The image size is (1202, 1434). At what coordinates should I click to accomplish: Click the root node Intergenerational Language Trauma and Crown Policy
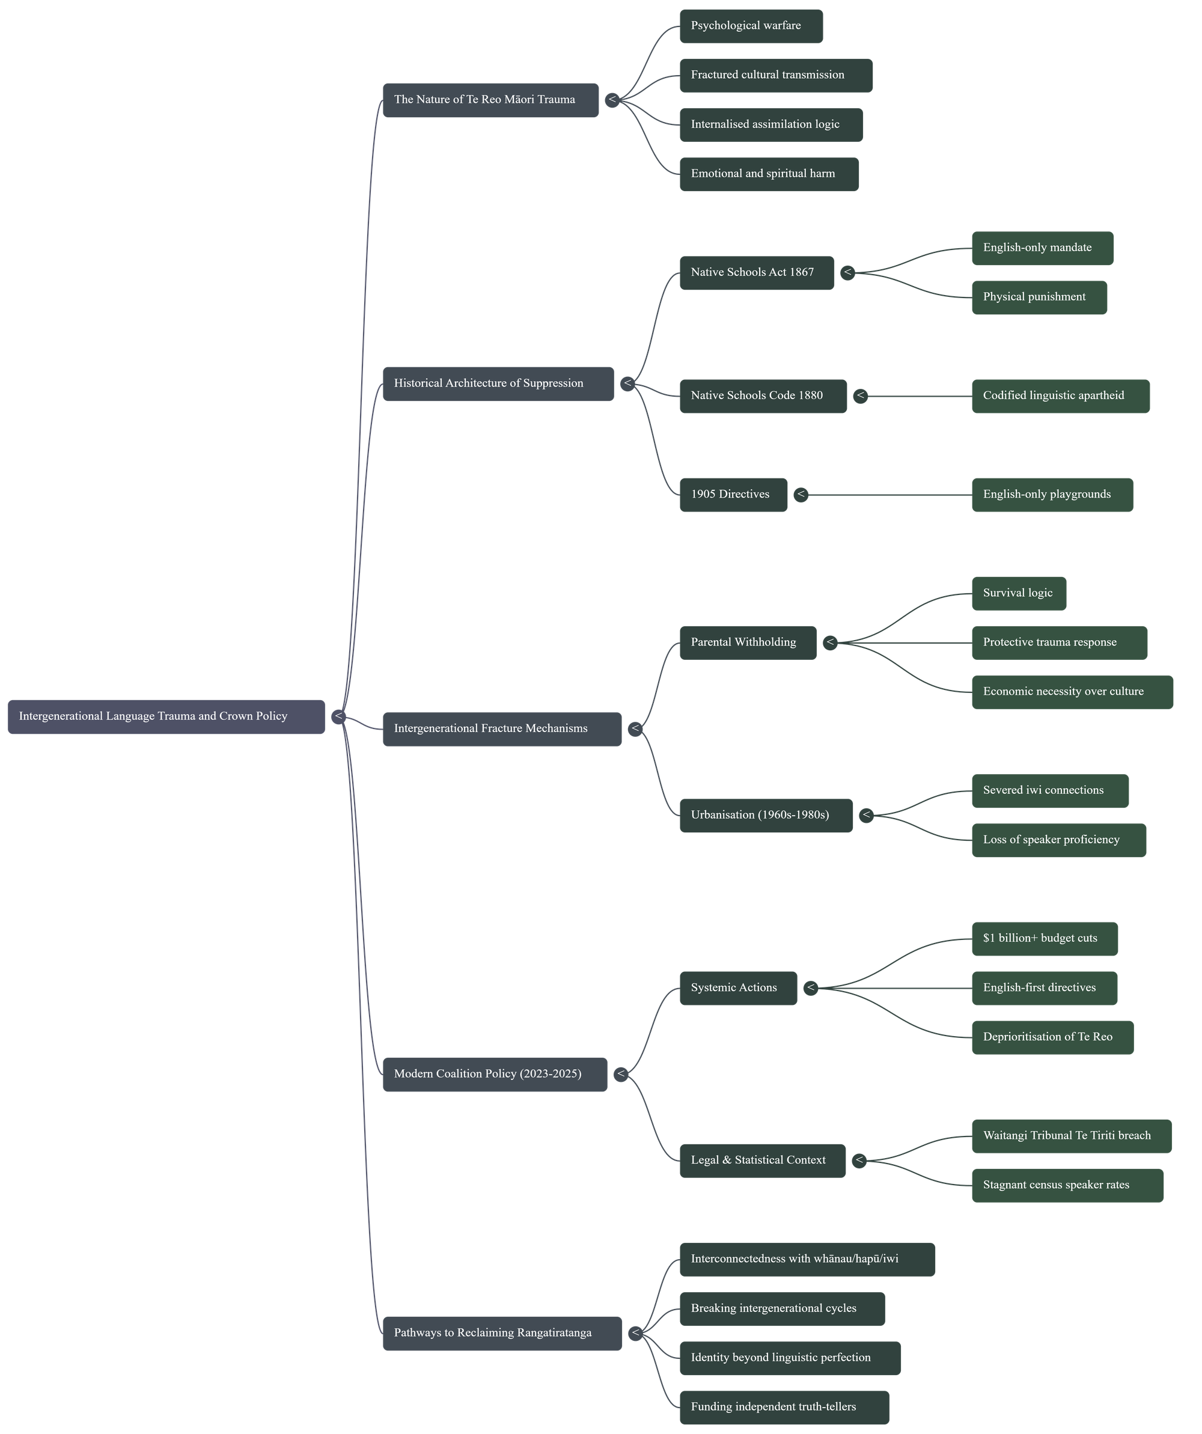[166, 716]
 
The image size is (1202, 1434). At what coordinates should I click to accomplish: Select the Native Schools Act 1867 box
[756, 272]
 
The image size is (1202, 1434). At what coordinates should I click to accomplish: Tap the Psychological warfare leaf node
[751, 26]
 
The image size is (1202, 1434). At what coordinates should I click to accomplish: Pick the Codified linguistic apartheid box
[1060, 395]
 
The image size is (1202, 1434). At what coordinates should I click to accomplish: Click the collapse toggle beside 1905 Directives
[801, 495]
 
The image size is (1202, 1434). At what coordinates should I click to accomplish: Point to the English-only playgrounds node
[1052, 495]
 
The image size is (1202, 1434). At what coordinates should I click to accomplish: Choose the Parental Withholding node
[747, 642]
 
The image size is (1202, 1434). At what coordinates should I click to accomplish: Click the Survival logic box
[1018, 593]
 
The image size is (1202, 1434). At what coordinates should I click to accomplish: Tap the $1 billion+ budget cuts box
[1045, 938]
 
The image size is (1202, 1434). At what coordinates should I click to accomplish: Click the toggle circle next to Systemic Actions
[811, 987]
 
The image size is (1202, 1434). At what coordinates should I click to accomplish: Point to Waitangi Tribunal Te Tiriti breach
[1071, 1135]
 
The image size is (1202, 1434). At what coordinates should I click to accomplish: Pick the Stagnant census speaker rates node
[1067, 1185]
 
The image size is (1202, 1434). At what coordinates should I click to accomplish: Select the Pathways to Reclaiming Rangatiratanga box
[502, 1333]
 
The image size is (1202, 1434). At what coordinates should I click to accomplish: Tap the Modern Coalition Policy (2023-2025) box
[495, 1074]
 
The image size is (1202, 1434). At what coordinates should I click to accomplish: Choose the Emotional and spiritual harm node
[768, 174]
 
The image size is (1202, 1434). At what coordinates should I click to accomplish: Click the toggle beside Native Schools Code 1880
[860, 395]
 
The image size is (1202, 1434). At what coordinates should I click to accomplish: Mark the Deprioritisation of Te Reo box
[1052, 1037]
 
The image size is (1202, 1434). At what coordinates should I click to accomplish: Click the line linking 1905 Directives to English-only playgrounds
[888, 495]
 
